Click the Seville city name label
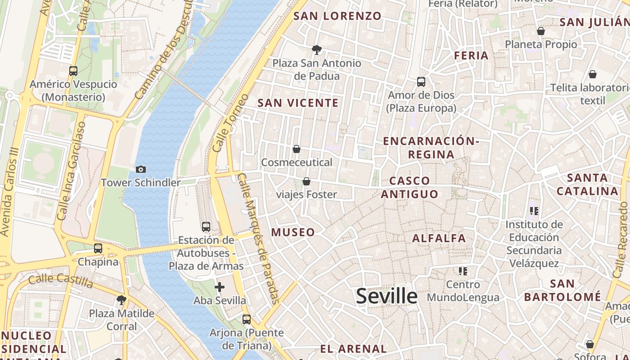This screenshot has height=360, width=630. click(387, 296)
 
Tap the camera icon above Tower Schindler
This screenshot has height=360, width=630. click(141, 169)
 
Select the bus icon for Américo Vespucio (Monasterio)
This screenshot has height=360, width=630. click(73, 71)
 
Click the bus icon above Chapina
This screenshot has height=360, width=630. click(98, 248)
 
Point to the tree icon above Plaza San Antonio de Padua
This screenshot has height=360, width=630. click(317, 49)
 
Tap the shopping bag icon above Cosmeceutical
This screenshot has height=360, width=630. click(297, 148)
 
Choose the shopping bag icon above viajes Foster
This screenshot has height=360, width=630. click(306, 181)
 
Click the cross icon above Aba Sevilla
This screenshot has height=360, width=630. click(220, 287)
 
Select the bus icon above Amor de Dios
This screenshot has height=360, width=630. click(421, 82)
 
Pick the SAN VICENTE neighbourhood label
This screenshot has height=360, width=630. click(298, 103)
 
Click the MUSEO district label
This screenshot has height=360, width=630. click(293, 232)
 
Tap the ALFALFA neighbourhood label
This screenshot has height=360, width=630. click(439, 238)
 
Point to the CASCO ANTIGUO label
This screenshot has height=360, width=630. click(409, 187)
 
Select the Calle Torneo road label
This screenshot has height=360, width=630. click(230, 122)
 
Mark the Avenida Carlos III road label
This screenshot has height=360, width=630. click(10, 191)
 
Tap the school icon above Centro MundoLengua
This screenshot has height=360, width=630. click(463, 271)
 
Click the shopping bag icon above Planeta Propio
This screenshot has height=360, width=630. click(541, 31)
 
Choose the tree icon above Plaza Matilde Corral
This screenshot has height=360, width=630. click(121, 300)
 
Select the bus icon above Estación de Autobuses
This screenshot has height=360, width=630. click(206, 226)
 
